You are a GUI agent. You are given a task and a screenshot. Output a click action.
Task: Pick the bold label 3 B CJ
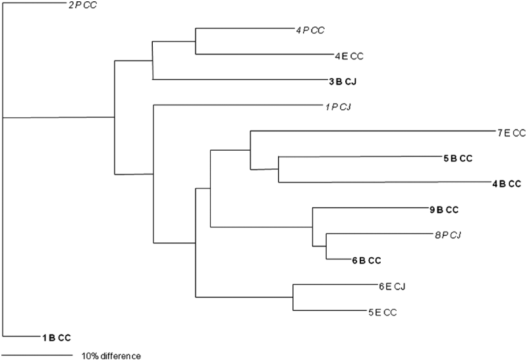pyautogui.click(x=347, y=82)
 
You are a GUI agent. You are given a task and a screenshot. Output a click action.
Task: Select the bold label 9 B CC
pyautogui.click(x=443, y=210)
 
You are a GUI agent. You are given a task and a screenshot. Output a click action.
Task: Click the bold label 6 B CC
pyautogui.click(x=366, y=260)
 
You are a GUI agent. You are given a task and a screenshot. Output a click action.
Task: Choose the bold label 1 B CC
pyautogui.click(x=55, y=338)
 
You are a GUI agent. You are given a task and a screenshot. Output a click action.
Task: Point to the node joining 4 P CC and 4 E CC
pyautogui.click(x=196, y=41)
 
